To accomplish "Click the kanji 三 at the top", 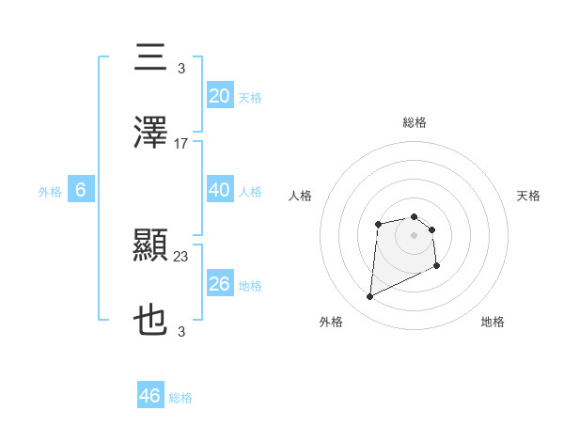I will pyautogui.click(x=151, y=58).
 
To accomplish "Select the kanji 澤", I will pyautogui.click(x=151, y=134).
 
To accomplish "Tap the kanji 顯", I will pyautogui.click(x=151, y=246).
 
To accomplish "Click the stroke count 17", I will pyautogui.click(x=181, y=144).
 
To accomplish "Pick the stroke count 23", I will pyautogui.click(x=181, y=257).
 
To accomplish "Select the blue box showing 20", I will pyautogui.click(x=219, y=96).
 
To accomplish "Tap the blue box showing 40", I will pyautogui.click(x=219, y=190).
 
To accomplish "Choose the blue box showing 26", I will pyautogui.click(x=219, y=284).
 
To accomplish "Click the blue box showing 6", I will pyautogui.click(x=81, y=190).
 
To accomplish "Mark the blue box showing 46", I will pyautogui.click(x=150, y=396).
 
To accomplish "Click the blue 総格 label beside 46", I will pyautogui.click(x=180, y=398).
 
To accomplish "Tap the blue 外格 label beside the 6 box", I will pyautogui.click(x=50, y=192).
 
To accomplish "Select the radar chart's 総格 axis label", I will pyautogui.click(x=414, y=122).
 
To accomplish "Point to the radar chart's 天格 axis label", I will pyautogui.click(x=529, y=196).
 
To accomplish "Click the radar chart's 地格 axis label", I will pyautogui.click(x=493, y=322).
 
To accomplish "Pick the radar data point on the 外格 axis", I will pyautogui.click(x=369, y=297).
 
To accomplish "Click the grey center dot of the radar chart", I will pyautogui.click(x=414, y=234).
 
